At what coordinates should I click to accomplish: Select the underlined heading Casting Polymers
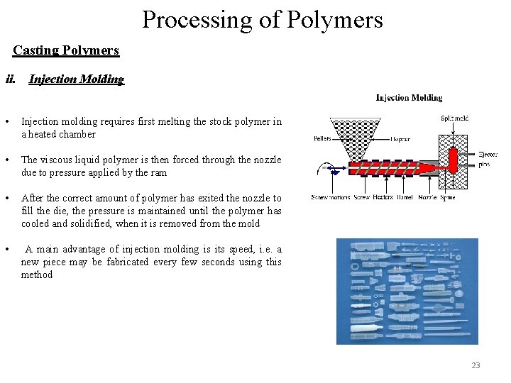(66, 51)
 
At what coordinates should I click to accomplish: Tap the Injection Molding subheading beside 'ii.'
(76, 79)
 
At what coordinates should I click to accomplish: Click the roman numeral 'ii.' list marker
(11, 79)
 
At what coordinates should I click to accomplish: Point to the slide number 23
(476, 366)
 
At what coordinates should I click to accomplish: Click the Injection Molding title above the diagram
(409, 98)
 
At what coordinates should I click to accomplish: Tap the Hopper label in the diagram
(400, 140)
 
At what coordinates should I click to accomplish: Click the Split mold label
(454, 118)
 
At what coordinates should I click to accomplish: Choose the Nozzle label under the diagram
(427, 197)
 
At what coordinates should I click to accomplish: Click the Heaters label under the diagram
(383, 197)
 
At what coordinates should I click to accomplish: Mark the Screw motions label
(331, 197)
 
